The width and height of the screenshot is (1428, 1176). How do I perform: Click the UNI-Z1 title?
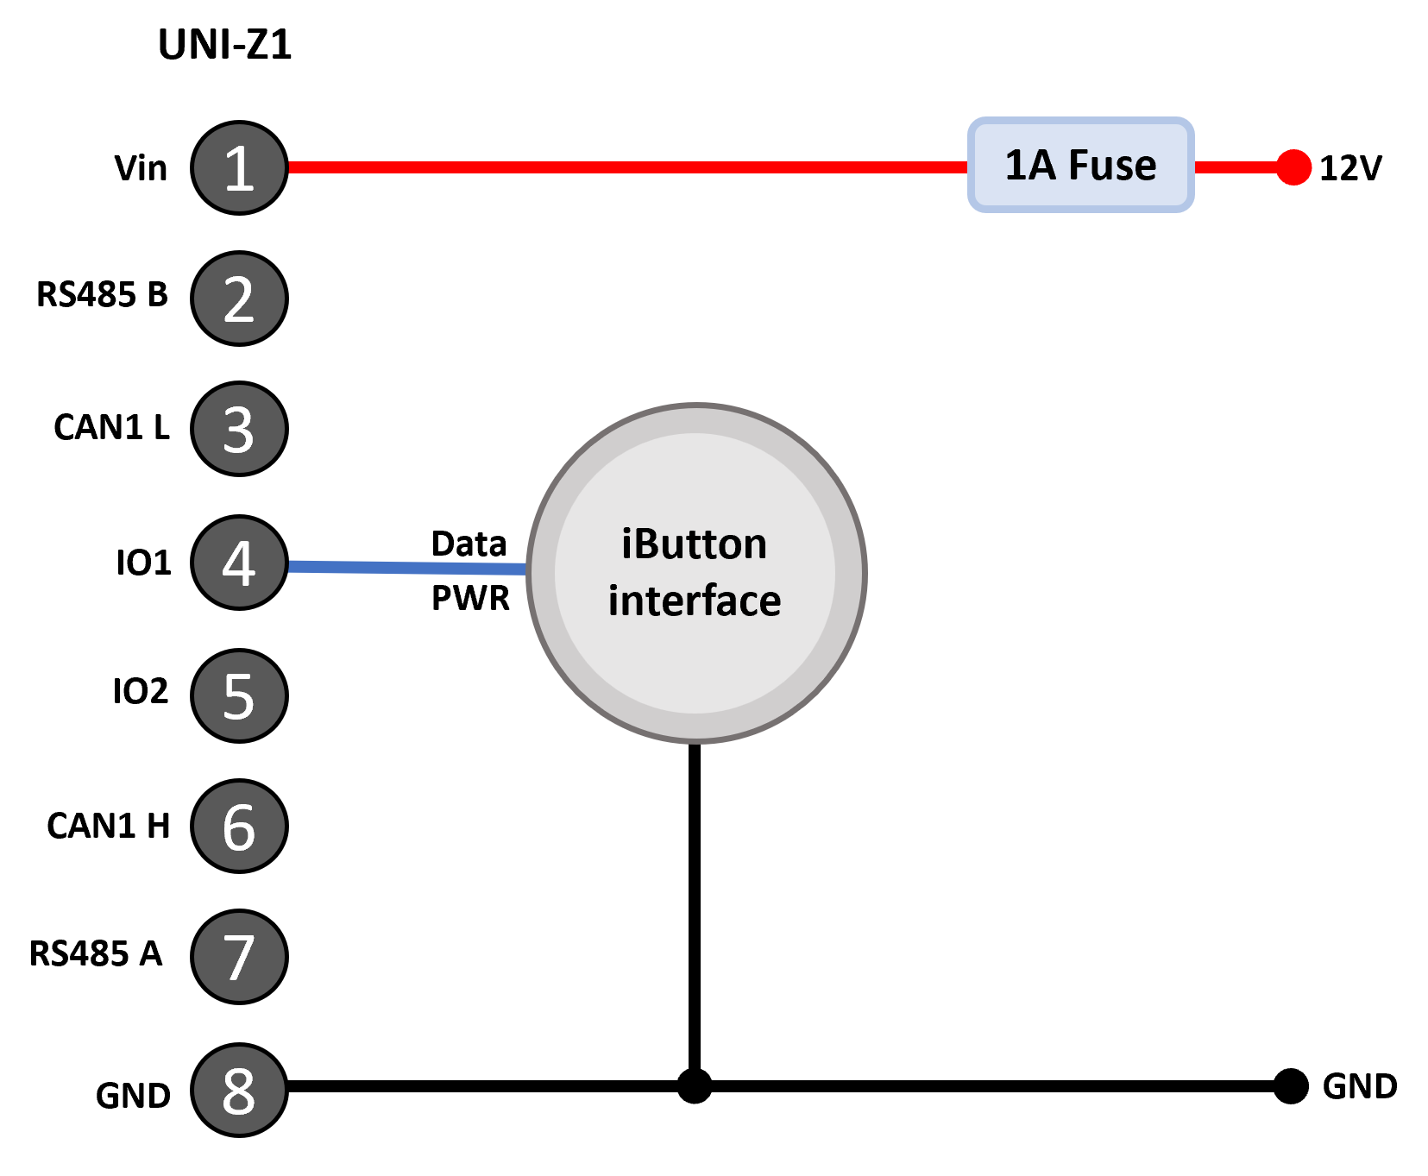pos(225,45)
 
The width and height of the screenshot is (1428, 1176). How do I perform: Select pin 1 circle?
pos(239,167)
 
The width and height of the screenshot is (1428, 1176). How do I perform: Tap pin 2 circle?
pos(239,299)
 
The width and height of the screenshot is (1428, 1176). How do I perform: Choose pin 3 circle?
pos(239,429)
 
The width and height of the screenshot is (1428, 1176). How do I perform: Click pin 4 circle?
pos(239,563)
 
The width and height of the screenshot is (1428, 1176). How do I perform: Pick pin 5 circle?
pos(239,695)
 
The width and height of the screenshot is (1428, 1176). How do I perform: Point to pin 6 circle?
pos(239,827)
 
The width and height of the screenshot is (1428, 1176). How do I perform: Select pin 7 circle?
pos(239,957)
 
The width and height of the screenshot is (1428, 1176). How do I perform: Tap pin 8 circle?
pos(239,1090)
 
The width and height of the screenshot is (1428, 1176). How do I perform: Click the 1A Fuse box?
pos(1081,165)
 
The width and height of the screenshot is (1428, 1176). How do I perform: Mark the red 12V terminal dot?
pos(1293,167)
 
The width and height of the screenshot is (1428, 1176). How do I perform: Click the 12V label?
pos(1350,168)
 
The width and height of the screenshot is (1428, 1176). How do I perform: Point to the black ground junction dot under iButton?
pos(695,1085)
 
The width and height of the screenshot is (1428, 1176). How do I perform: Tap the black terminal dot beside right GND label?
pos(1291,1085)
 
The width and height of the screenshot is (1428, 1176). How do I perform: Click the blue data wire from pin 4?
pos(407,568)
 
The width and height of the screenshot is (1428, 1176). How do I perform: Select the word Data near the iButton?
pos(469,544)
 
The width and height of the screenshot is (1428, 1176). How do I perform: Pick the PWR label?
pos(470,598)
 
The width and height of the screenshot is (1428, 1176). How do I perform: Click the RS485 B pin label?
pos(102,294)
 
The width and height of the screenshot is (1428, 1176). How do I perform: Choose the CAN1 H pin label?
pos(108,826)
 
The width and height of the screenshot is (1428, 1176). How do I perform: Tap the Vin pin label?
pos(141,168)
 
